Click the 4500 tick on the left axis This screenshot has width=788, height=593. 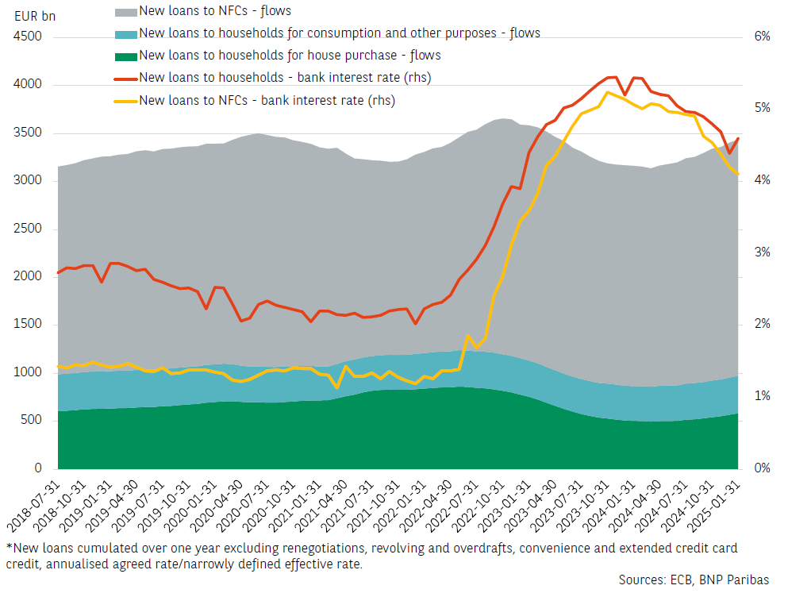pyautogui.click(x=29, y=37)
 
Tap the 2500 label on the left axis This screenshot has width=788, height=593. pyautogui.click(x=29, y=229)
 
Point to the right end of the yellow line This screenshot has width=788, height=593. pyautogui.click(x=738, y=174)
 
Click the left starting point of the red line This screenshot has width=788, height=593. pyautogui.click(x=58, y=273)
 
